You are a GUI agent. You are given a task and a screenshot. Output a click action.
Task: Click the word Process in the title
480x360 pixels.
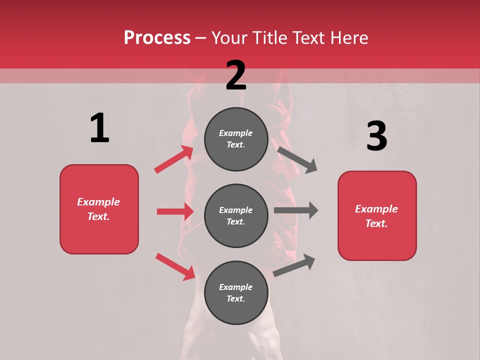[157, 37]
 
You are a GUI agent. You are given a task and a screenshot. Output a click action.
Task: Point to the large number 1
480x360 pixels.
[99, 128]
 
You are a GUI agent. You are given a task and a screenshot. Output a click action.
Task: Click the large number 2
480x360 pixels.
[236, 75]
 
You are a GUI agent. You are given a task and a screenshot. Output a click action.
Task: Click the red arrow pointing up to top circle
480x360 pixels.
[173, 159]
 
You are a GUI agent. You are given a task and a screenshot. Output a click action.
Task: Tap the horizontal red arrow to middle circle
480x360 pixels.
[175, 211]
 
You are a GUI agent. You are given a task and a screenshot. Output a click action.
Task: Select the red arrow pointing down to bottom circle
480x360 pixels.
[175, 266]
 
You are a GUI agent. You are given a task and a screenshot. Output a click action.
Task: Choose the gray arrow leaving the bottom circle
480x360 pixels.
[294, 265]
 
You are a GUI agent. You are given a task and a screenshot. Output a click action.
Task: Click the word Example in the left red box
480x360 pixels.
[98, 202]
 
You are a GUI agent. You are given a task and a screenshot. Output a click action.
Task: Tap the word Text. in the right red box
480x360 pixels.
[376, 223]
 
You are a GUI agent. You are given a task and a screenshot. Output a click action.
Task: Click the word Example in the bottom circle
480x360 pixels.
[236, 287]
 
